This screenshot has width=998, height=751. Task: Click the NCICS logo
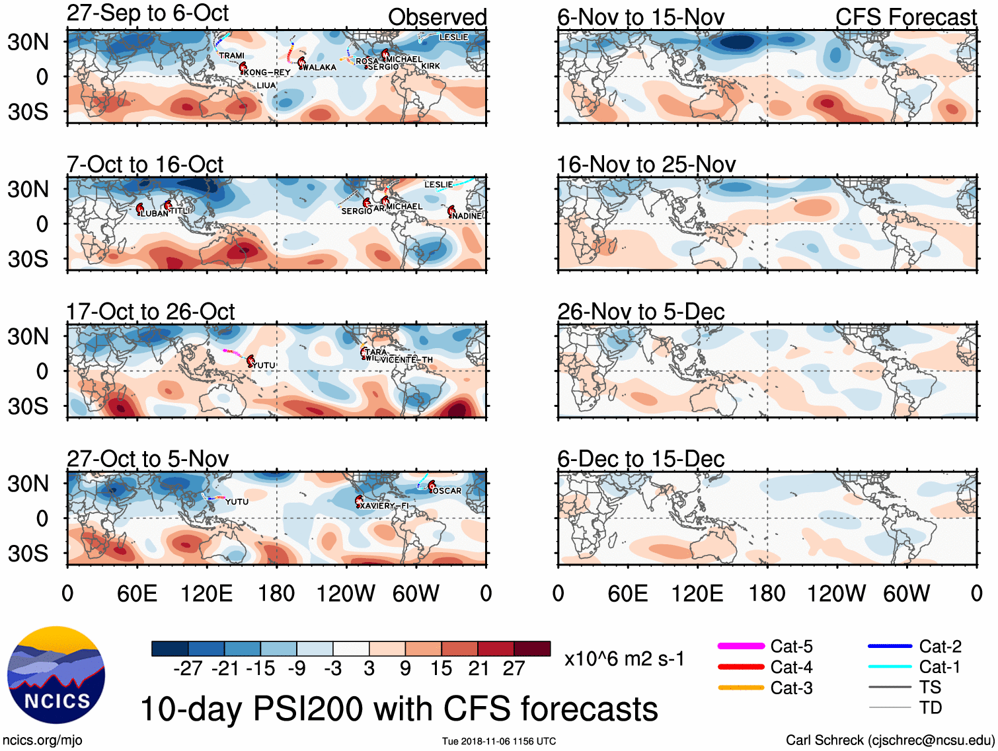pos(56,674)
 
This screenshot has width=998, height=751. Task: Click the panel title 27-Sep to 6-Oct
pos(147,13)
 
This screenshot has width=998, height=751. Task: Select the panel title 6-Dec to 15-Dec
pos(640,458)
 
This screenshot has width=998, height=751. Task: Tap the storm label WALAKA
pos(319,67)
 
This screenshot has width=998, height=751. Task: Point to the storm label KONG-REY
pos(267,72)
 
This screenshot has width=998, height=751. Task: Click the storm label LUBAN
pos(155,213)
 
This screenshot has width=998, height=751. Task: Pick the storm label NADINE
pos(467,215)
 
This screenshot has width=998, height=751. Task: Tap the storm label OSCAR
pos(447,491)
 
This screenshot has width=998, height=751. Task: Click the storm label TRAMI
pos(231,55)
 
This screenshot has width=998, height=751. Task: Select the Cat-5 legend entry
pos(791,646)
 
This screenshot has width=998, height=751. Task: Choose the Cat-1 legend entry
pos(939,666)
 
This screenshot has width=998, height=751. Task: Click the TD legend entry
pos(930,707)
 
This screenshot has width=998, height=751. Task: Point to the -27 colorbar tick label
pos(188,668)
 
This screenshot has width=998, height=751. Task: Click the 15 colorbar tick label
pos(441,668)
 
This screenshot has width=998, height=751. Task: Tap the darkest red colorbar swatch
pos(532,649)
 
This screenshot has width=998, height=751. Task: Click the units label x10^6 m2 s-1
pos(624,659)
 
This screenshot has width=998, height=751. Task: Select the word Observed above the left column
pos(437,17)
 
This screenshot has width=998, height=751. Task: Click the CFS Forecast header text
pos(905,17)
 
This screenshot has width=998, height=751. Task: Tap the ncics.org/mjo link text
pos(42,740)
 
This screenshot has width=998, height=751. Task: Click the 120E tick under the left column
pos(206,593)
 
